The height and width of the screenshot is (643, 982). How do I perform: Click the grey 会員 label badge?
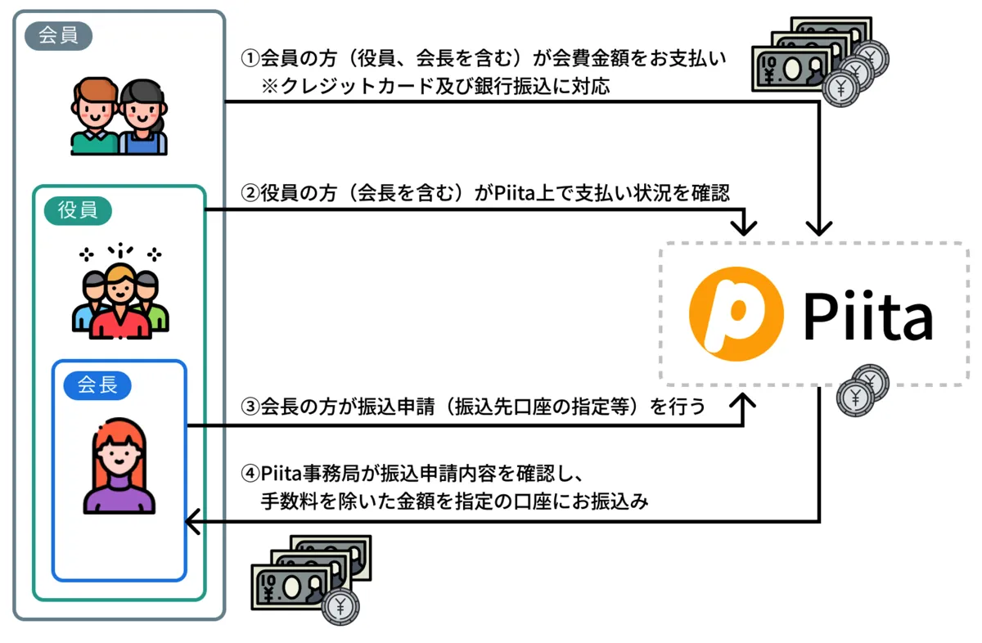58,36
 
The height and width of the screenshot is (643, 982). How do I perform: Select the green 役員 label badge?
78,210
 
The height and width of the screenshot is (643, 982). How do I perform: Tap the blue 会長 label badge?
97,384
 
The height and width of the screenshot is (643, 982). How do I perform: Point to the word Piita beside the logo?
867,316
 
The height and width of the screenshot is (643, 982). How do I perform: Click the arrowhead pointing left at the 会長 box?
193,520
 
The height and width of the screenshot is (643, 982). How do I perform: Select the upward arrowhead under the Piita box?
744,400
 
